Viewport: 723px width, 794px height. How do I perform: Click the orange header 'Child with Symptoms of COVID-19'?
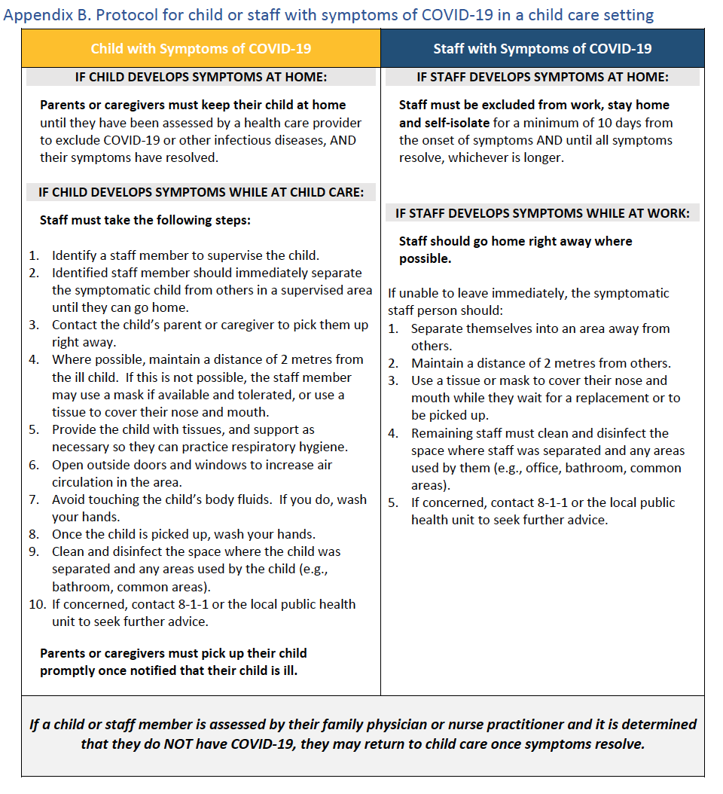(200, 49)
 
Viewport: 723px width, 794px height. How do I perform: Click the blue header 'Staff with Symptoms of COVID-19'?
(542, 49)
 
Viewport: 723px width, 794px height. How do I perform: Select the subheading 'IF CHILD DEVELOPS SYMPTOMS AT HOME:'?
(200, 77)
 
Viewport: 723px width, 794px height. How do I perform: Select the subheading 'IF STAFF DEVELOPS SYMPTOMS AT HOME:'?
(542, 77)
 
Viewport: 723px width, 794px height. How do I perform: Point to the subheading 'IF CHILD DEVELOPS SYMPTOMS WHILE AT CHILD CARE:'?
(200, 192)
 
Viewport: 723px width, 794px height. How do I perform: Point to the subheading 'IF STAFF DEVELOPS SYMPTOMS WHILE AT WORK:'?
(542, 213)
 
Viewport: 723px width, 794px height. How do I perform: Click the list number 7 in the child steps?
(35, 499)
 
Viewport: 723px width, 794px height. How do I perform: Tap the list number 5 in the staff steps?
(393, 502)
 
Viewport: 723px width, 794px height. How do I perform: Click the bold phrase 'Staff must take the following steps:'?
(145, 221)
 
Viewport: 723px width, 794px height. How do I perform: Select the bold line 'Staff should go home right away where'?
(515, 241)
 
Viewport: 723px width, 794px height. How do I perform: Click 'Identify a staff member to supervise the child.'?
(185, 255)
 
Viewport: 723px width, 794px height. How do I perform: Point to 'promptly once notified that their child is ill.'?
(168, 670)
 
